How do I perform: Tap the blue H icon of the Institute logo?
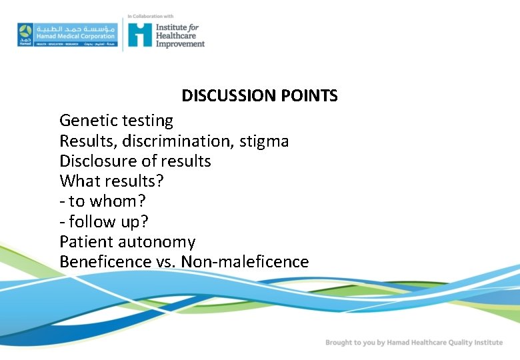click(x=140, y=34)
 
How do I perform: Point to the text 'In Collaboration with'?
click(x=151, y=16)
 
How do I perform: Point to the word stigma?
click(x=265, y=141)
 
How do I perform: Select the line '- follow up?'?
click(x=102, y=221)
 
